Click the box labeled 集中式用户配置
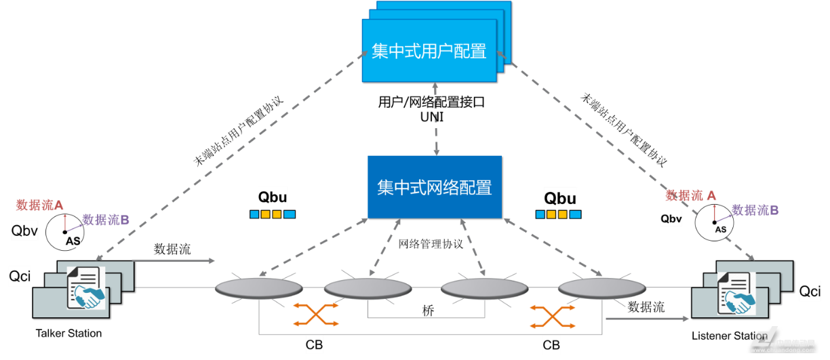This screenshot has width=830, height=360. point(429,51)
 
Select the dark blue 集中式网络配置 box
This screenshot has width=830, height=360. point(435,187)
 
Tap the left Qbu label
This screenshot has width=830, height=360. point(273,198)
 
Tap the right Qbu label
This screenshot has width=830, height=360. point(560,198)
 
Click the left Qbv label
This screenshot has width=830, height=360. point(25,231)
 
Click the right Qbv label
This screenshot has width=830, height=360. point(671,218)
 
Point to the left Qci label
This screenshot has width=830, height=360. point(20,276)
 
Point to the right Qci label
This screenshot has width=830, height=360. point(810,292)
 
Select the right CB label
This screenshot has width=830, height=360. point(551,345)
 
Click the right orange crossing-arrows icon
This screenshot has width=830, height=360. point(552,316)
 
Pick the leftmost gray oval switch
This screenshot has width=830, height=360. point(259,288)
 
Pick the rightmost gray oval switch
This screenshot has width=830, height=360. point(602,288)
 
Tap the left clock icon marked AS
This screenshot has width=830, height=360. point(65,232)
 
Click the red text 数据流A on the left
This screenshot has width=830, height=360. point(39,205)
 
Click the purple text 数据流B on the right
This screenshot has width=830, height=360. point(755,210)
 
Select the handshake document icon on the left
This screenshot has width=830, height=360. point(87,288)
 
